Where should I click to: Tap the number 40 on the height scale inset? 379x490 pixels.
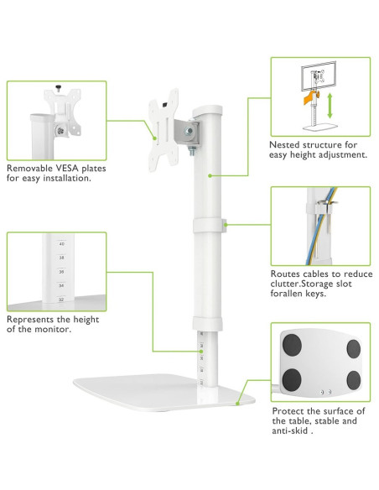(61, 244)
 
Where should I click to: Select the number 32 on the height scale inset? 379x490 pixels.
(61, 300)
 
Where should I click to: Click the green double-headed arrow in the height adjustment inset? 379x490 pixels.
(330, 106)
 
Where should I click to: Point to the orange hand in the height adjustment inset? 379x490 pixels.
(309, 97)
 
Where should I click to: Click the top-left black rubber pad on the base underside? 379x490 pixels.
(292, 345)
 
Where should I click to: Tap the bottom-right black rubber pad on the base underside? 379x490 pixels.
(353, 380)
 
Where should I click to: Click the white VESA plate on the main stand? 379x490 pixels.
(163, 131)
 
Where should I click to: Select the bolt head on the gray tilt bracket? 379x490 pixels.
(189, 131)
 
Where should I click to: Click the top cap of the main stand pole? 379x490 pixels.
(207, 110)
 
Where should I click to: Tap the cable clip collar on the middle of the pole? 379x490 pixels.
(209, 226)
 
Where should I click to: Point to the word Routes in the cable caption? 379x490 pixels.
(284, 274)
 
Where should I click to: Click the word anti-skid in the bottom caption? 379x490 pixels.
(290, 430)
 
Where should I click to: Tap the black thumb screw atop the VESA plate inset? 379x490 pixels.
(58, 88)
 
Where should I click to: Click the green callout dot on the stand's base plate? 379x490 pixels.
(237, 404)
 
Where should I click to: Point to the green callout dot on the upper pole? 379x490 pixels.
(210, 176)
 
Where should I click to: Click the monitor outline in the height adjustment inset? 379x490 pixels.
(319, 76)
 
